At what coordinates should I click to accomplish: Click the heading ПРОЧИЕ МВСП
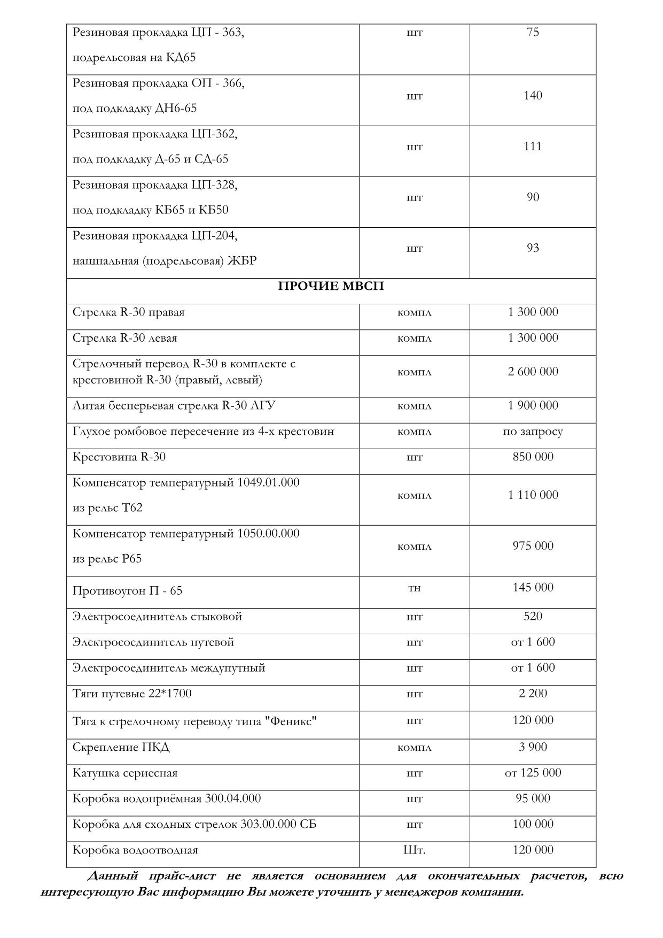(331, 287)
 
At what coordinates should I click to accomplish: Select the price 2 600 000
(533, 372)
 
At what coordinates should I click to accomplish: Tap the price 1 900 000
(533, 405)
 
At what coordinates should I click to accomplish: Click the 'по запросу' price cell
(533, 432)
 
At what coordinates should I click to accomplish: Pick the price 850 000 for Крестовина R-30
(533, 457)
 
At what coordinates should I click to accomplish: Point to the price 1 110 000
(533, 495)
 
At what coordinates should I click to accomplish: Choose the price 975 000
(533, 546)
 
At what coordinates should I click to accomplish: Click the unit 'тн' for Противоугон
(414, 588)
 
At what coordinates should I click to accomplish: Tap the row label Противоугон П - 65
(127, 591)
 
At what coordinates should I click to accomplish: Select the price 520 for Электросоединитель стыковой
(533, 616)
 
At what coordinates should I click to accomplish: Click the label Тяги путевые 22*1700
(132, 694)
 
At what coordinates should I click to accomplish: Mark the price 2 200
(533, 694)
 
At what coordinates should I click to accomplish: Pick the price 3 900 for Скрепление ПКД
(533, 747)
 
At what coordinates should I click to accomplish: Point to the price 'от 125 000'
(533, 773)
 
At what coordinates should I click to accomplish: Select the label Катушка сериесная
(125, 773)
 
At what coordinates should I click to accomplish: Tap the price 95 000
(533, 798)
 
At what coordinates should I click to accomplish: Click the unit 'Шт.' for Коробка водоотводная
(414, 850)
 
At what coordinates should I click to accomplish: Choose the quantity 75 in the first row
(533, 32)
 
